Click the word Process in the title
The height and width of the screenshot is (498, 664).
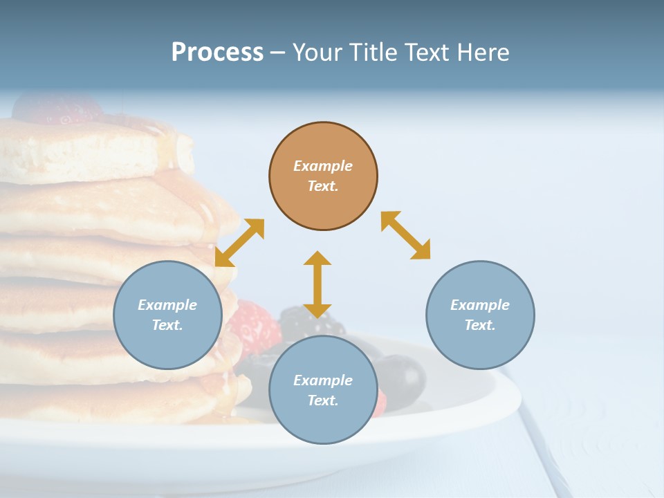[217, 53]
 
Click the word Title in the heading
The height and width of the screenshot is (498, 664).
[375, 53]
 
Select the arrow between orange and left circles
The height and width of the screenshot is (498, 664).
[239, 243]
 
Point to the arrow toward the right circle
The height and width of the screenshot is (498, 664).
[406, 235]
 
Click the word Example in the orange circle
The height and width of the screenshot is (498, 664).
[323, 166]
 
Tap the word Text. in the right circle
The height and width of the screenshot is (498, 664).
[480, 325]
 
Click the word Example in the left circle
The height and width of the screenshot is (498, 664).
[167, 305]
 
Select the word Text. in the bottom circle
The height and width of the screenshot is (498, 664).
[323, 400]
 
